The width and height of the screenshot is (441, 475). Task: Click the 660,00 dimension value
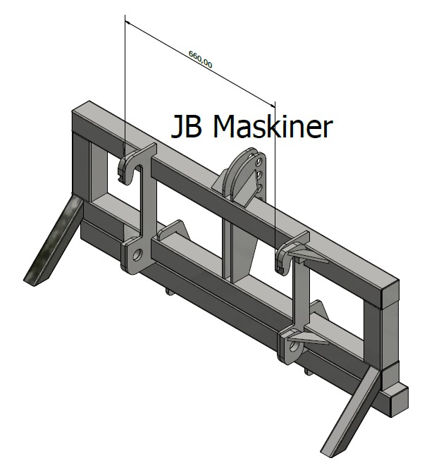point(201,59)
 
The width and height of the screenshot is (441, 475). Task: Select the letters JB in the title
point(186,127)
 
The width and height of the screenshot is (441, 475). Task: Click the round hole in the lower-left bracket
point(138,256)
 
